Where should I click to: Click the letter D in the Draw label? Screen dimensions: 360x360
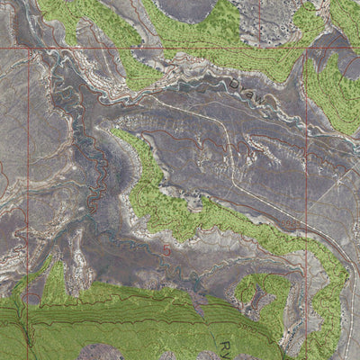pos(231,84)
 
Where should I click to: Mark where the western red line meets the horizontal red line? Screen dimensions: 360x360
pos(30,48)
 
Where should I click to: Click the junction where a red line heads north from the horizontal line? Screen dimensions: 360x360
pos(260,48)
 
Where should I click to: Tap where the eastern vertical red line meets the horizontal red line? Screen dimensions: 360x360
pos(307,48)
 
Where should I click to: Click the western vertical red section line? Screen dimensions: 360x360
pos(30,180)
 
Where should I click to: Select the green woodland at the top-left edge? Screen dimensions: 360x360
pos(72,13)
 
